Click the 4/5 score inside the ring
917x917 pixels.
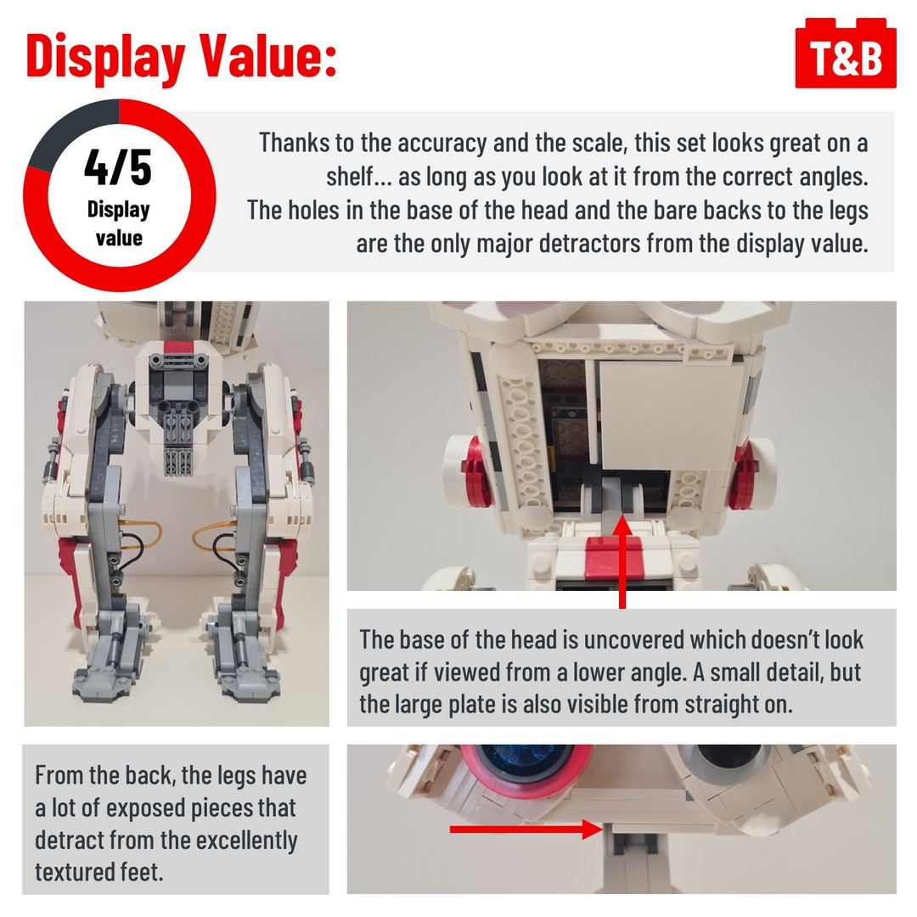point(118,167)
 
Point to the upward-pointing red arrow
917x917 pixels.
point(622,561)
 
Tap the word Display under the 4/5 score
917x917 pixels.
point(118,210)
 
